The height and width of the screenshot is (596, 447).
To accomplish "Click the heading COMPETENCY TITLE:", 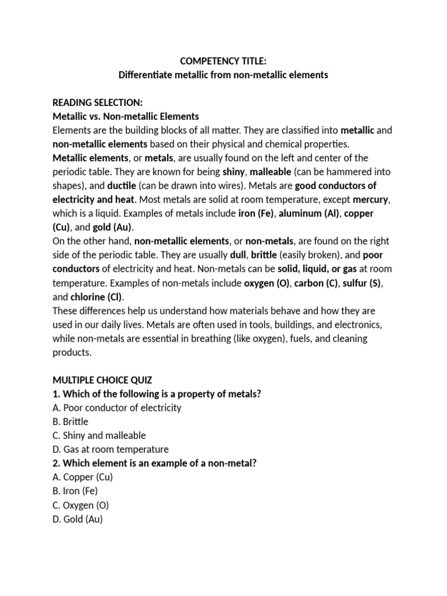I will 223,61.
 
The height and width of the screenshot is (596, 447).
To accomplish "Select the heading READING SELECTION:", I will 97,102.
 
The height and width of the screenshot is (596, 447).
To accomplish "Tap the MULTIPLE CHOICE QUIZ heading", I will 102,380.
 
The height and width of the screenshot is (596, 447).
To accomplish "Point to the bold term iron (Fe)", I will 256,214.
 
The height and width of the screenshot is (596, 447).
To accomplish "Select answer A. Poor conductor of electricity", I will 117,407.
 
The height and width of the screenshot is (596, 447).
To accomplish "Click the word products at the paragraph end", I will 71,352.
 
